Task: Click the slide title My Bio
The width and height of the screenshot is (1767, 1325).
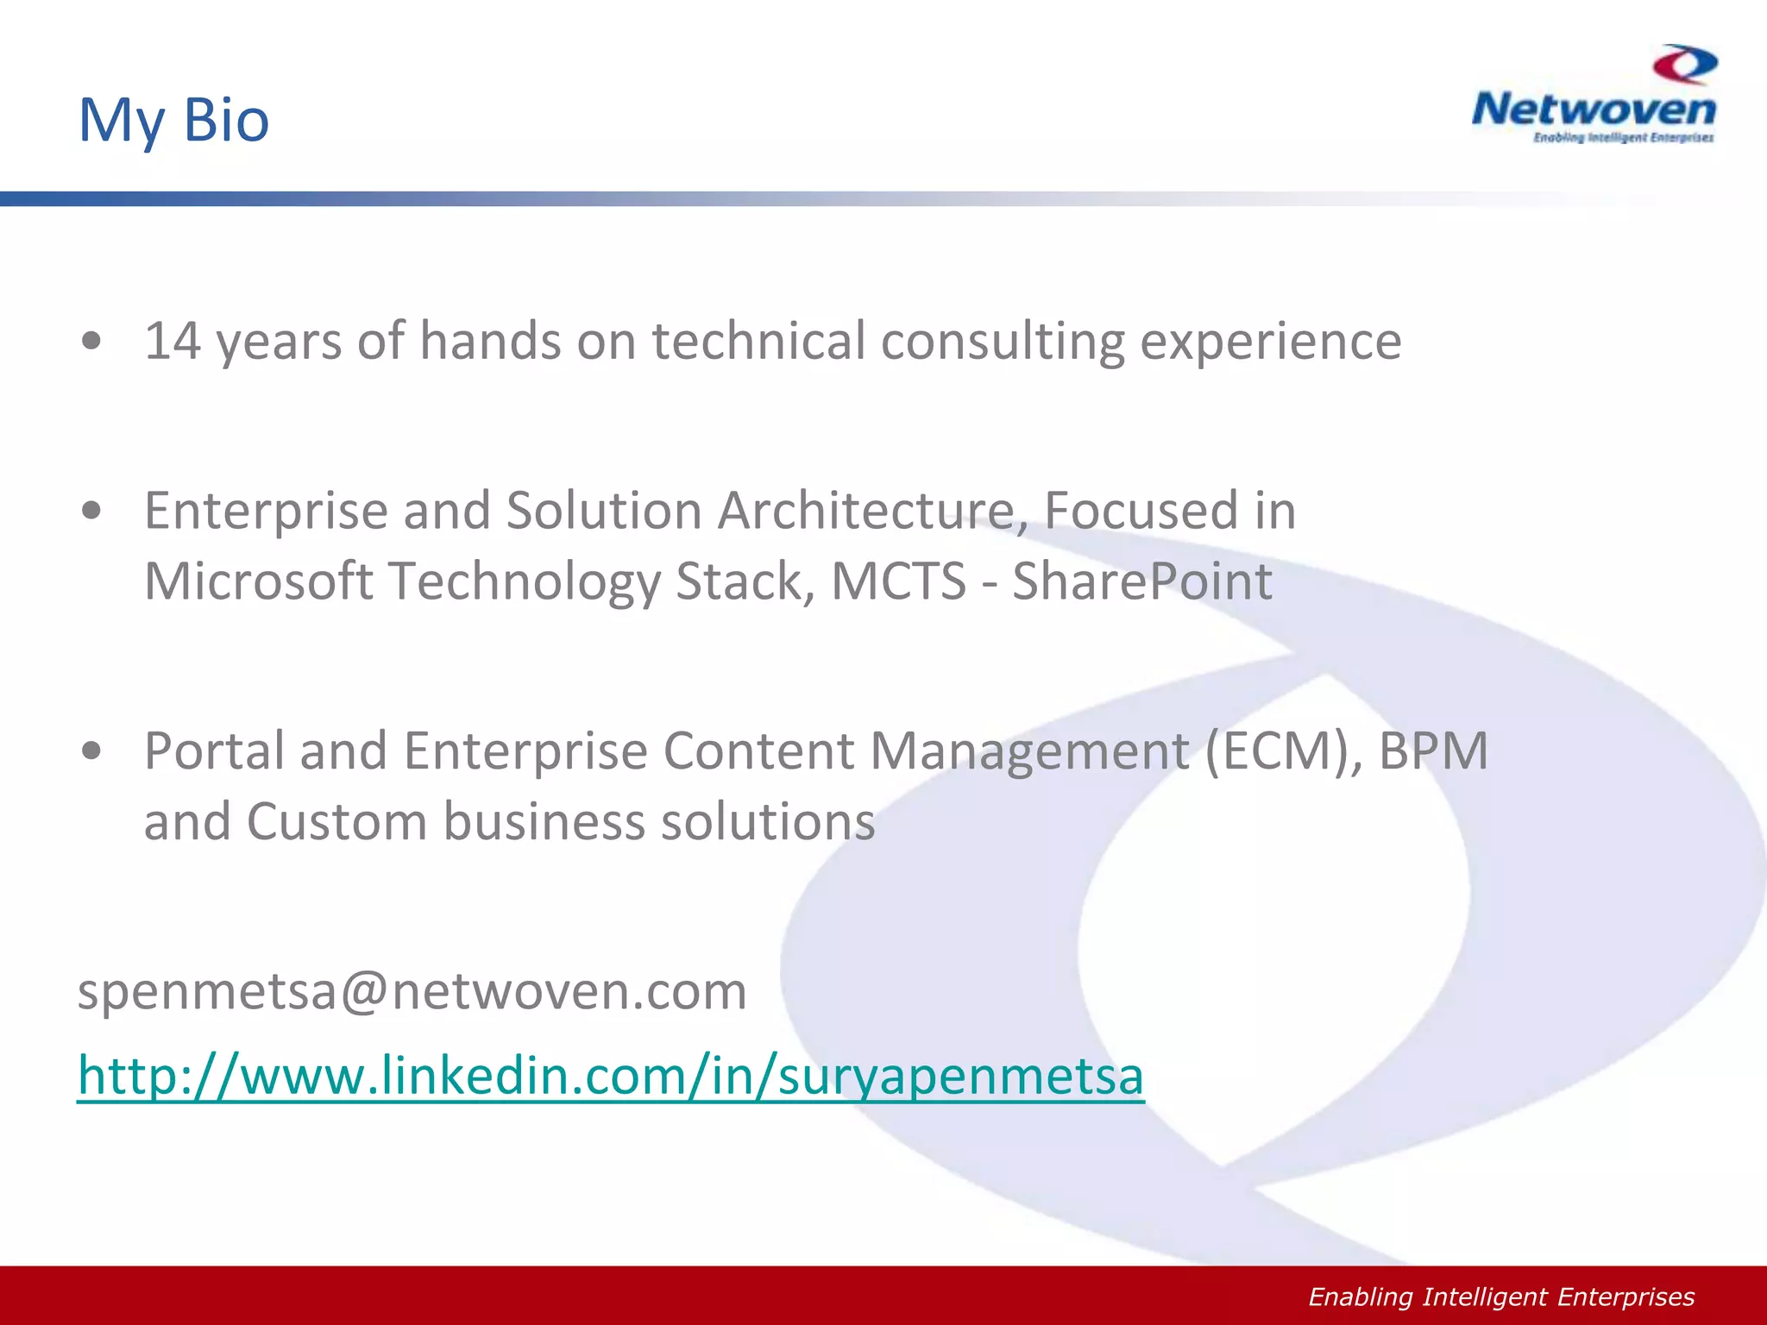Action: click(x=173, y=120)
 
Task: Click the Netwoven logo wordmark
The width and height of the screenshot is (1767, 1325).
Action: click(x=1594, y=110)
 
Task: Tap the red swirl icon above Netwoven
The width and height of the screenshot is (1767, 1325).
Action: click(x=1685, y=65)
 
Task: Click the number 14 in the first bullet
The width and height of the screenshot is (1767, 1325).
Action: click(x=172, y=341)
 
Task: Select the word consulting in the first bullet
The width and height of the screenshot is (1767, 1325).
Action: click(x=1002, y=341)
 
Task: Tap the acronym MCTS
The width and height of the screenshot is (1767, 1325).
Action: click(x=898, y=581)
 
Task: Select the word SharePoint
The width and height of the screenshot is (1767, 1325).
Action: click(x=1141, y=581)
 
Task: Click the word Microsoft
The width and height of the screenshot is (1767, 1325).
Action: click(x=258, y=581)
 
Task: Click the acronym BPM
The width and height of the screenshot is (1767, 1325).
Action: click(x=1433, y=750)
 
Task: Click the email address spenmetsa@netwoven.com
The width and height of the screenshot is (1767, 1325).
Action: click(x=412, y=991)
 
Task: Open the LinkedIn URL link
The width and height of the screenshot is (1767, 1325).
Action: click(x=610, y=1076)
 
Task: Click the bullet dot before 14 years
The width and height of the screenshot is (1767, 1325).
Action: click(x=91, y=342)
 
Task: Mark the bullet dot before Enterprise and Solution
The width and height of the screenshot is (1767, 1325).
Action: click(x=91, y=511)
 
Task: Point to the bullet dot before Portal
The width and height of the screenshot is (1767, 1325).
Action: click(x=91, y=750)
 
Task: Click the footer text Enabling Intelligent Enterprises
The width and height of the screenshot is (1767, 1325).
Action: click(x=1501, y=1297)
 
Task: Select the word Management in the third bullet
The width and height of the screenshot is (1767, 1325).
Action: click(x=1028, y=750)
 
